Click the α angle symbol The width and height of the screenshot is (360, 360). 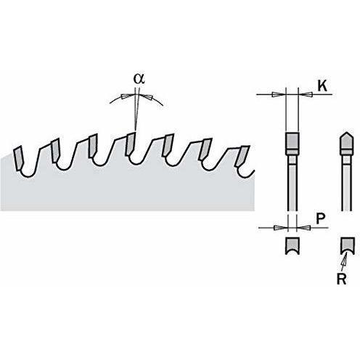(139, 78)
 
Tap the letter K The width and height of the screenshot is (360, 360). (322, 86)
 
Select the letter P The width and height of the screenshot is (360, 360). (321, 218)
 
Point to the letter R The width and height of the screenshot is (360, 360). (341, 279)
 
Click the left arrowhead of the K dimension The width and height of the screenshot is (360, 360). (279, 94)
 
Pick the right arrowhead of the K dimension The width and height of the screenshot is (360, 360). (305, 94)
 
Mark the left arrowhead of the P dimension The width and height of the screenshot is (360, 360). (281, 228)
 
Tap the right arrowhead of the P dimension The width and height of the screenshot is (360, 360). (303, 228)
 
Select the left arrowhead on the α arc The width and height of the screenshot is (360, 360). (127, 96)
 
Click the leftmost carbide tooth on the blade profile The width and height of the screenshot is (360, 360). (18, 158)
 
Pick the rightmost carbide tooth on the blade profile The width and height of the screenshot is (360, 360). (242, 157)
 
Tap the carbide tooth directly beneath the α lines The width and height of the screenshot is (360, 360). (131, 144)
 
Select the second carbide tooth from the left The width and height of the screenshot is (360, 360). (55, 150)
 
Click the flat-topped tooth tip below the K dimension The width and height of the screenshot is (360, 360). (292, 143)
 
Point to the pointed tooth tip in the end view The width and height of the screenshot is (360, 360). (346, 142)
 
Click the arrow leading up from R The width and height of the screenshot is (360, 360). (344, 261)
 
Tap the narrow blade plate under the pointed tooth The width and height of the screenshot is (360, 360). (347, 187)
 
